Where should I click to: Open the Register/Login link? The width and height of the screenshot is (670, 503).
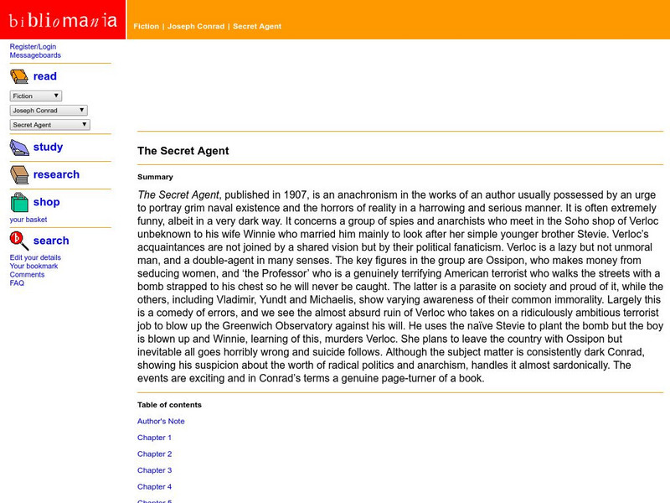[x=33, y=46]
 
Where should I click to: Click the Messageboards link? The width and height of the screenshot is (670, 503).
[x=35, y=55]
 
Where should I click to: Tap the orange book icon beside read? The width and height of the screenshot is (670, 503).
[x=18, y=77]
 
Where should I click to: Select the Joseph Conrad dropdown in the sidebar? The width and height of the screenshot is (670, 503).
[x=49, y=111]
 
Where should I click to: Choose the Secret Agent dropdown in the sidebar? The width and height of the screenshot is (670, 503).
[x=49, y=125]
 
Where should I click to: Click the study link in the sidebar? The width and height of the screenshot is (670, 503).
[x=48, y=147]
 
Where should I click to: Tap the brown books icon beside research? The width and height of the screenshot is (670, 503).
[x=19, y=175]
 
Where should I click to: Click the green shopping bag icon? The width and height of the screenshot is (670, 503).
[x=19, y=203]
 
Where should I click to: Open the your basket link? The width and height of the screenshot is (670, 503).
[x=28, y=220]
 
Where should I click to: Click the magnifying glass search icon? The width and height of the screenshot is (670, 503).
[x=19, y=241]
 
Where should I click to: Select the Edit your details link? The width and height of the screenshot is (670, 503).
[x=35, y=257]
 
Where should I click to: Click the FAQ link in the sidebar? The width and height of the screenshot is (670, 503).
[x=17, y=283]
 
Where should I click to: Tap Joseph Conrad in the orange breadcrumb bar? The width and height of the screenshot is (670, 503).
[x=196, y=26]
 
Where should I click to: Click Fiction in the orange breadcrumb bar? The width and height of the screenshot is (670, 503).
[x=146, y=26]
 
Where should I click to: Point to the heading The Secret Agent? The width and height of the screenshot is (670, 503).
[x=183, y=151]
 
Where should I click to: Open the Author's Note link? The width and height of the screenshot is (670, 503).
[x=161, y=422]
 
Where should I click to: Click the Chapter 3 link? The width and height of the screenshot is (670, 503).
[x=154, y=470]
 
